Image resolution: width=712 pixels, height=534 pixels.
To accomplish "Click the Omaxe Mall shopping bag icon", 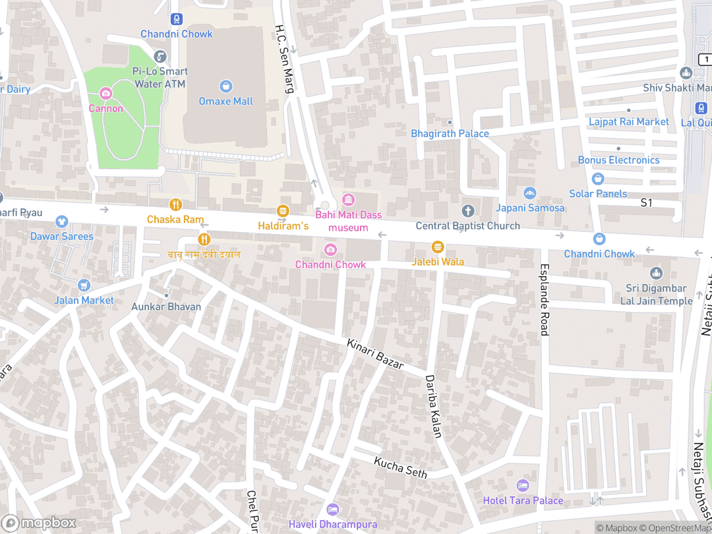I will tap(225, 86).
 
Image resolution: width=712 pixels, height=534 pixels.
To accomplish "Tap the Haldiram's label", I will tap(283, 226).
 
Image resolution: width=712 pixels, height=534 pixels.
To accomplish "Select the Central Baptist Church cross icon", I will tap(467, 211).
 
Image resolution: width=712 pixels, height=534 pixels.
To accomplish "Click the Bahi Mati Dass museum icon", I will tap(348, 200).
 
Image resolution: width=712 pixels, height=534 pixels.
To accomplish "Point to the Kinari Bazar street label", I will tap(375, 353).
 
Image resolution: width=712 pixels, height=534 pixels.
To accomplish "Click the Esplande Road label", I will tap(545, 300).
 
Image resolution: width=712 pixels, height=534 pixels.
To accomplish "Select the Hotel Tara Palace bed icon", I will tap(523, 485).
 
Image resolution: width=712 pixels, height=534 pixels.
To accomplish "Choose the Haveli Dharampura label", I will tap(333, 524).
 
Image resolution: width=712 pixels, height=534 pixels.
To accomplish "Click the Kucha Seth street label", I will tap(400, 467).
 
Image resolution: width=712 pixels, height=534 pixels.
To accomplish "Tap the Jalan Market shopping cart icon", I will tap(84, 285).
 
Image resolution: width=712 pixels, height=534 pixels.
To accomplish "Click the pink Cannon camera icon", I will tap(105, 93).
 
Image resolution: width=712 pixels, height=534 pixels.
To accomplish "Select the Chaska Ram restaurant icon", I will tap(175, 204).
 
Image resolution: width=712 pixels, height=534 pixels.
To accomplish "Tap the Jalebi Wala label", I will tap(438, 262).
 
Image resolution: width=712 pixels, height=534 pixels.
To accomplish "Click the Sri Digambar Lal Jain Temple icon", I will tap(656, 273).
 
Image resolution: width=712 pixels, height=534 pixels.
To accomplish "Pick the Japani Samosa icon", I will tap(529, 193).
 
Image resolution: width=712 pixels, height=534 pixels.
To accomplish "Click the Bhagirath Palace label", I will tap(450, 134).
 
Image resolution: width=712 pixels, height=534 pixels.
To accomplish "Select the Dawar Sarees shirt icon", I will tap(61, 221).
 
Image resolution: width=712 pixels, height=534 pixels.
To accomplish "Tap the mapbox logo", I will tap(38, 523).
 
